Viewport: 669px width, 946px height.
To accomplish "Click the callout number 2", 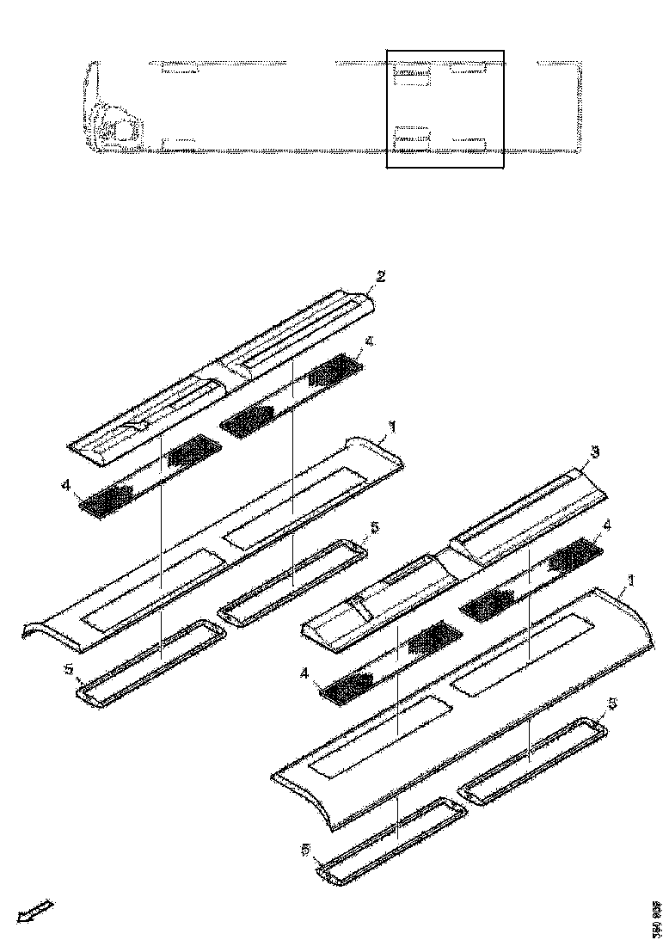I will coord(380,276).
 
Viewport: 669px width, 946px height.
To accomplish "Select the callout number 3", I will coord(595,451).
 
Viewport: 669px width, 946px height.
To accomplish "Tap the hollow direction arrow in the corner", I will coord(35,911).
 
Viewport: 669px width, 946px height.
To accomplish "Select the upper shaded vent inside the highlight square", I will coord(411,75).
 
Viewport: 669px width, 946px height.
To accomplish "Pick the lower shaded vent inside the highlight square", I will coord(411,136).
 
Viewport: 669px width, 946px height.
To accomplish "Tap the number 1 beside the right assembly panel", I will coord(632,582).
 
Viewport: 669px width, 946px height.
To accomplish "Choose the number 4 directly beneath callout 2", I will coord(368,341).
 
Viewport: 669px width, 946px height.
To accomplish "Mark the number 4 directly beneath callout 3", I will coord(609,525).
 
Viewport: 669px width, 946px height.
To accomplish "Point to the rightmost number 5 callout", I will coord(611,703).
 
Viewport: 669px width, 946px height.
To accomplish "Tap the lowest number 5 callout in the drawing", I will coord(306,849).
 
